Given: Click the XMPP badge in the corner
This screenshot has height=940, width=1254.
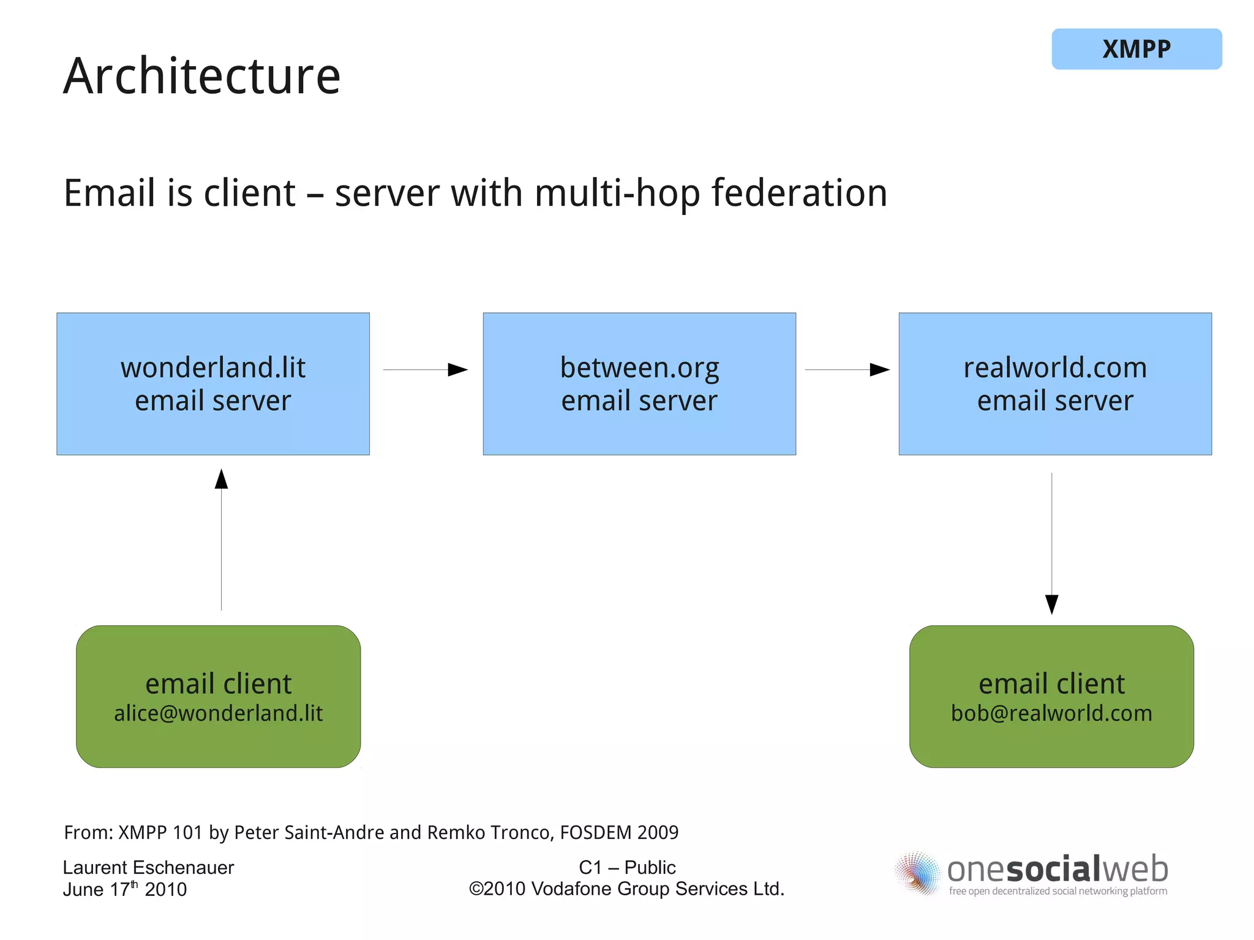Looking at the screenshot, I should click(x=1136, y=49).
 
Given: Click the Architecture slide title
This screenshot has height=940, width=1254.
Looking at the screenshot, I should click(x=201, y=76).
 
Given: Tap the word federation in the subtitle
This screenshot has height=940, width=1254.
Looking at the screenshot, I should click(x=799, y=193).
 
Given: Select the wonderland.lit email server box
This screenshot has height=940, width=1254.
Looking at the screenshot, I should click(x=213, y=384).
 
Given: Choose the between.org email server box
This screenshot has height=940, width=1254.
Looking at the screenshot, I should click(x=639, y=384).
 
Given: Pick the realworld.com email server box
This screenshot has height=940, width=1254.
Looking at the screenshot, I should click(x=1055, y=384).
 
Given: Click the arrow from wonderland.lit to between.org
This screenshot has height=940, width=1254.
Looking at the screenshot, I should click(x=426, y=370).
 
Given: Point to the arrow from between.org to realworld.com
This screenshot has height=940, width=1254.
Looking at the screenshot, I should click(x=847, y=370).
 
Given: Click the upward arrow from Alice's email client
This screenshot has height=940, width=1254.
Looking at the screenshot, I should click(x=222, y=539).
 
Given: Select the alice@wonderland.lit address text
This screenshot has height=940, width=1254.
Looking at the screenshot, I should click(x=218, y=713).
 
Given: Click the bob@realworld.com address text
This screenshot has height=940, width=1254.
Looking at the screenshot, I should click(x=1051, y=713).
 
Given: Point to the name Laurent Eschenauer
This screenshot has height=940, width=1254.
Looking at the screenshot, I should click(x=148, y=868).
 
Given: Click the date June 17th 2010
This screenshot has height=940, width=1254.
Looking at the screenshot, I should click(x=125, y=890).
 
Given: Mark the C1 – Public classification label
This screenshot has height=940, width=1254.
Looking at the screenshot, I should click(x=627, y=868).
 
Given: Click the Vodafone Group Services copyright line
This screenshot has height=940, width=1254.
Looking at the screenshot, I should click(x=627, y=889).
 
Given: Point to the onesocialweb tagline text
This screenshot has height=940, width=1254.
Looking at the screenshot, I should click(x=1057, y=892).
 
